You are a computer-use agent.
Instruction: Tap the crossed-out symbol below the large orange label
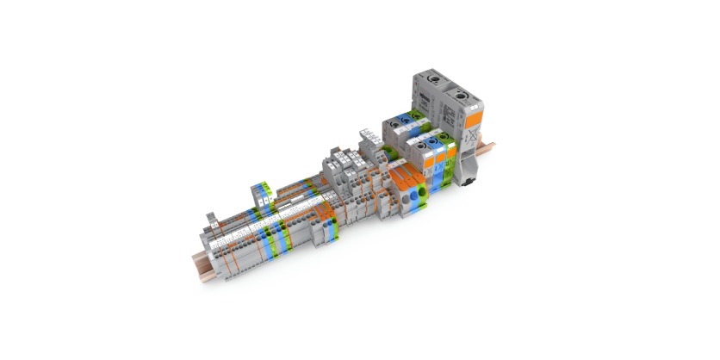472,138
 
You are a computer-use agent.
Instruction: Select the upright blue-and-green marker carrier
261,195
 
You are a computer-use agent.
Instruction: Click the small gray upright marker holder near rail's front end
211,218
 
